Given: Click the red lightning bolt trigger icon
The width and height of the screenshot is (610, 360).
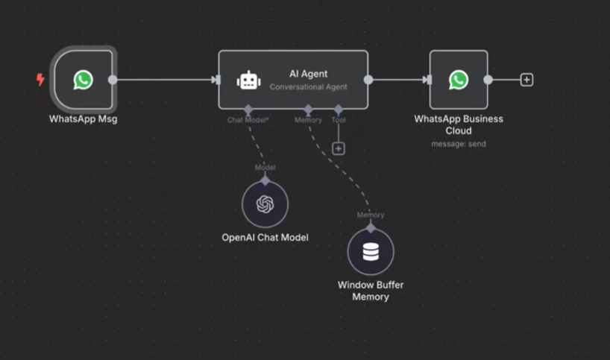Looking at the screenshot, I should (40, 80).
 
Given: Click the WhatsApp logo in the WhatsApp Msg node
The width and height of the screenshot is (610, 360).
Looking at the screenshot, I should (84, 80).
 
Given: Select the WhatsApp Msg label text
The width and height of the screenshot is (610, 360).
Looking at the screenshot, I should (83, 119).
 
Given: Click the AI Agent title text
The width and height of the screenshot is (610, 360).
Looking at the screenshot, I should (308, 74).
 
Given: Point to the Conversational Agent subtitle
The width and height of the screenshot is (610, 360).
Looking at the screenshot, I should (308, 87).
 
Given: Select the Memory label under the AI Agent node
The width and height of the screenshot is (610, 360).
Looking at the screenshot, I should (308, 120).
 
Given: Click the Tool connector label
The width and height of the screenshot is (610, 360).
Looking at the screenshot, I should (339, 120).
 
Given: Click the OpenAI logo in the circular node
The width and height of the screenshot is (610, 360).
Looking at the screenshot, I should (265, 204).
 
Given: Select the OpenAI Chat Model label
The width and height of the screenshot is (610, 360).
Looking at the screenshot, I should (265, 238).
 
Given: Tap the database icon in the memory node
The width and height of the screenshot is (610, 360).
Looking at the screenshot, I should (371, 253).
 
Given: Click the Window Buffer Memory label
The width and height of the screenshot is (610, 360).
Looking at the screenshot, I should (371, 291).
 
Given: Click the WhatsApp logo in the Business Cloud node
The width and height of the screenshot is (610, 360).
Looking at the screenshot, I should (459, 80).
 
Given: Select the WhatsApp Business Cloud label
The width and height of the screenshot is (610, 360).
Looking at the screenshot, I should (459, 124).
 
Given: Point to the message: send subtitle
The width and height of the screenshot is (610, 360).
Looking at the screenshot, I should (459, 143).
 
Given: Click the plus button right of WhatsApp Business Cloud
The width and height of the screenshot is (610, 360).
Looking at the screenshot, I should (526, 80).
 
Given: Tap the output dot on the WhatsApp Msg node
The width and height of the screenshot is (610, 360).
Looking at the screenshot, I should (113, 80).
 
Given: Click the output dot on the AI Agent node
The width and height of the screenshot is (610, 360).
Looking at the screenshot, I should (368, 80).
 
